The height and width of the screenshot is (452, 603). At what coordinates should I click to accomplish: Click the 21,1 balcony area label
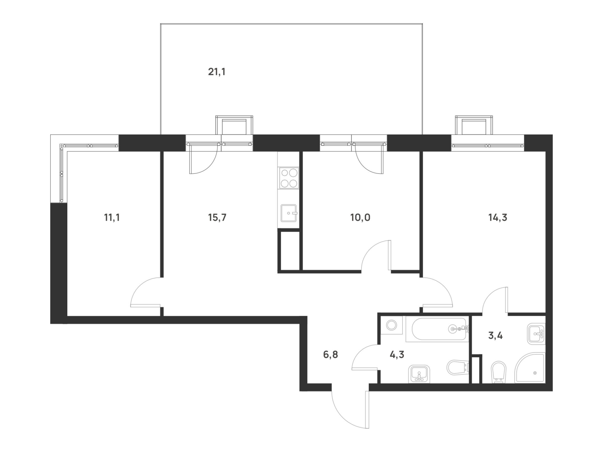[217, 72]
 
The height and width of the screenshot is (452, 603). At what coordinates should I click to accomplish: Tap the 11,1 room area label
[112, 218]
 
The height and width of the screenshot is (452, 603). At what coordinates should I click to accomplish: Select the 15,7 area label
[217, 218]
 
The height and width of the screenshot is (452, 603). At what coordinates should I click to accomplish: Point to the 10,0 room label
[360, 218]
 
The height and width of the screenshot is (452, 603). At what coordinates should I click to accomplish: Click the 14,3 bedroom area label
[498, 218]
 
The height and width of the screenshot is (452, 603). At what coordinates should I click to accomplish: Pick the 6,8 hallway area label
[330, 355]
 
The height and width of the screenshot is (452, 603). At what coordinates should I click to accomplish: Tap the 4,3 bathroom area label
[397, 355]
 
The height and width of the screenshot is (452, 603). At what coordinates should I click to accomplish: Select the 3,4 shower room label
[495, 336]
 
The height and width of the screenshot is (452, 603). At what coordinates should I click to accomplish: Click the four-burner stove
[289, 178]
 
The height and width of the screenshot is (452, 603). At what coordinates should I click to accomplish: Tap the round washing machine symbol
[392, 325]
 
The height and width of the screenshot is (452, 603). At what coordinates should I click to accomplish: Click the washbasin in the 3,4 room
[536, 334]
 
